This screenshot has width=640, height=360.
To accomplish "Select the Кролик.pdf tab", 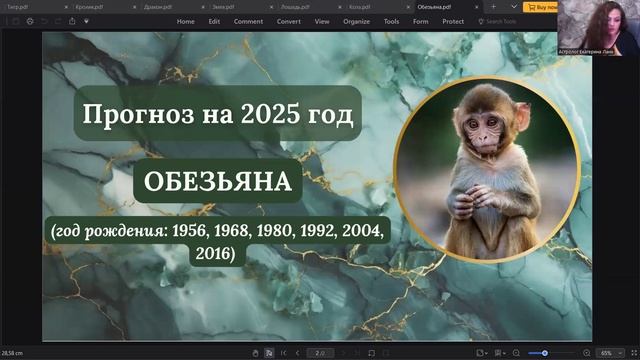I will [89, 5].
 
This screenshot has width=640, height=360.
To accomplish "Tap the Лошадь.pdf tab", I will [291, 5].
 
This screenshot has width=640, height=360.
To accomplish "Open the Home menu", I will [185, 20].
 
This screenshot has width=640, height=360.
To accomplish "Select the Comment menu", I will [249, 20].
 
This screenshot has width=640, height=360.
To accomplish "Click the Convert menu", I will [288, 20].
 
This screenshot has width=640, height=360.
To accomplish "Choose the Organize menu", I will [357, 20].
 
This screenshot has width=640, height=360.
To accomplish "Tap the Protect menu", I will [453, 20].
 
